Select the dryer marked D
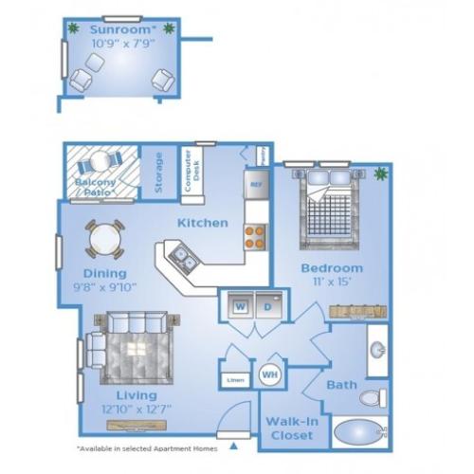268,306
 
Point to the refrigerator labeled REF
255,182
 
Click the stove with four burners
254,233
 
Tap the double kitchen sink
183,256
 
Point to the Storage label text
158,173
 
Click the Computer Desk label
190,171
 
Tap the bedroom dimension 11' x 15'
330,283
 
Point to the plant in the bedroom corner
381,173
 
